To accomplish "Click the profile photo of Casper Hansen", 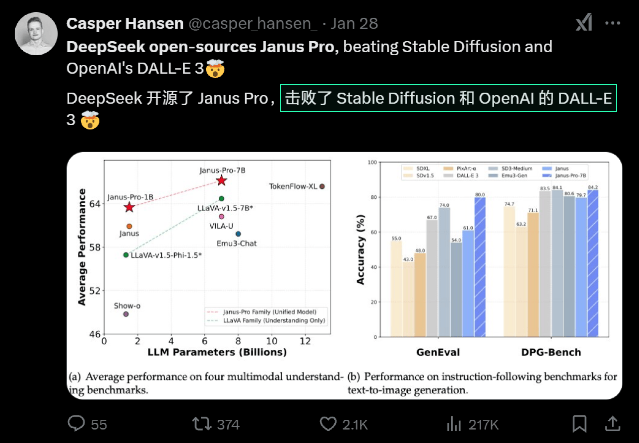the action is (36, 34).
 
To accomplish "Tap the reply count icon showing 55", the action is (76, 424).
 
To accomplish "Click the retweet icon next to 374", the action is (202, 424).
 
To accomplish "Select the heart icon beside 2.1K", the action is (328, 424).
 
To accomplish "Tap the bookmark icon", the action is (579, 424).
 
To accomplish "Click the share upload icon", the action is (612, 424).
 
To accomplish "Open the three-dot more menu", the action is (612, 23).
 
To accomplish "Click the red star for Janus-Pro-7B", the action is (221, 181).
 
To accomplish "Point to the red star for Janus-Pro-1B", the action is (129, 207).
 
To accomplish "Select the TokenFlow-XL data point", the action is (322, 187).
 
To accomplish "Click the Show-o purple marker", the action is (126, 314).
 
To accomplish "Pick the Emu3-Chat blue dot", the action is (238, 234).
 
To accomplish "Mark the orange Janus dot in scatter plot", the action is (129, 226).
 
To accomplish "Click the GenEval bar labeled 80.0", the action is (480, 267).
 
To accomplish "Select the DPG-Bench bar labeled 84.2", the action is (593, 263).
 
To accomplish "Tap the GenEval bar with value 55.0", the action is (396, 289).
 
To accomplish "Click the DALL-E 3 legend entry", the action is (461, 176).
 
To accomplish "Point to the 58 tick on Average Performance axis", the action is (95, 247).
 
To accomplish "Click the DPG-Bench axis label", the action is (551, 352).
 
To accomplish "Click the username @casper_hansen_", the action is (253, 23).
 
